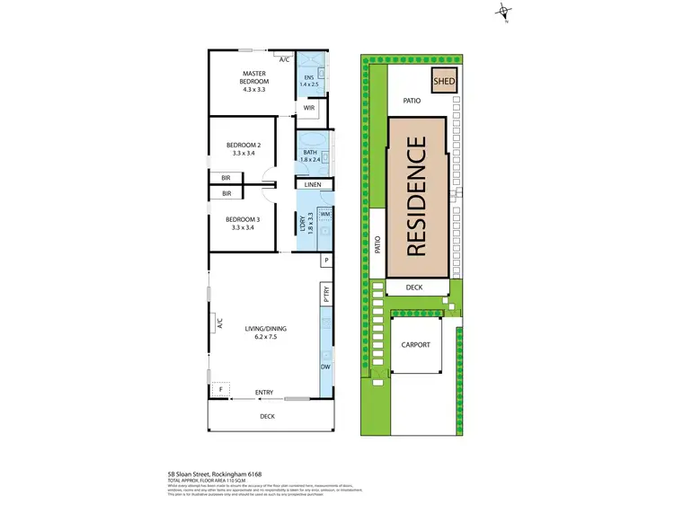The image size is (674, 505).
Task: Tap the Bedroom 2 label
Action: tap(243, 149)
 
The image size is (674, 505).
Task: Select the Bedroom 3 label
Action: tap(243, 224)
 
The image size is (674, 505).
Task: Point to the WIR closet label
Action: tap(308, 108)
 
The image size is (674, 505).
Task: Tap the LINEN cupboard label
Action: tap(313, 185)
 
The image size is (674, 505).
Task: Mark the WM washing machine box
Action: tap(325, 214)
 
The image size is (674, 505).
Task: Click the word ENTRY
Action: tap(264, 393)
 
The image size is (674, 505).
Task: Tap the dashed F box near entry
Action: tap(221, 390)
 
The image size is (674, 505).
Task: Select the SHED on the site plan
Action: tap(444, 81)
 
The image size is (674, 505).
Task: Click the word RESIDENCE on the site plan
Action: tap(416, 197)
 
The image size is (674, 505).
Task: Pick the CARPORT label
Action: tap(416, 345)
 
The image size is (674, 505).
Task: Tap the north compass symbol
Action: tap(506, 13)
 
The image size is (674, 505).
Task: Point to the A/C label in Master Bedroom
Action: tap(284, 59)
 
